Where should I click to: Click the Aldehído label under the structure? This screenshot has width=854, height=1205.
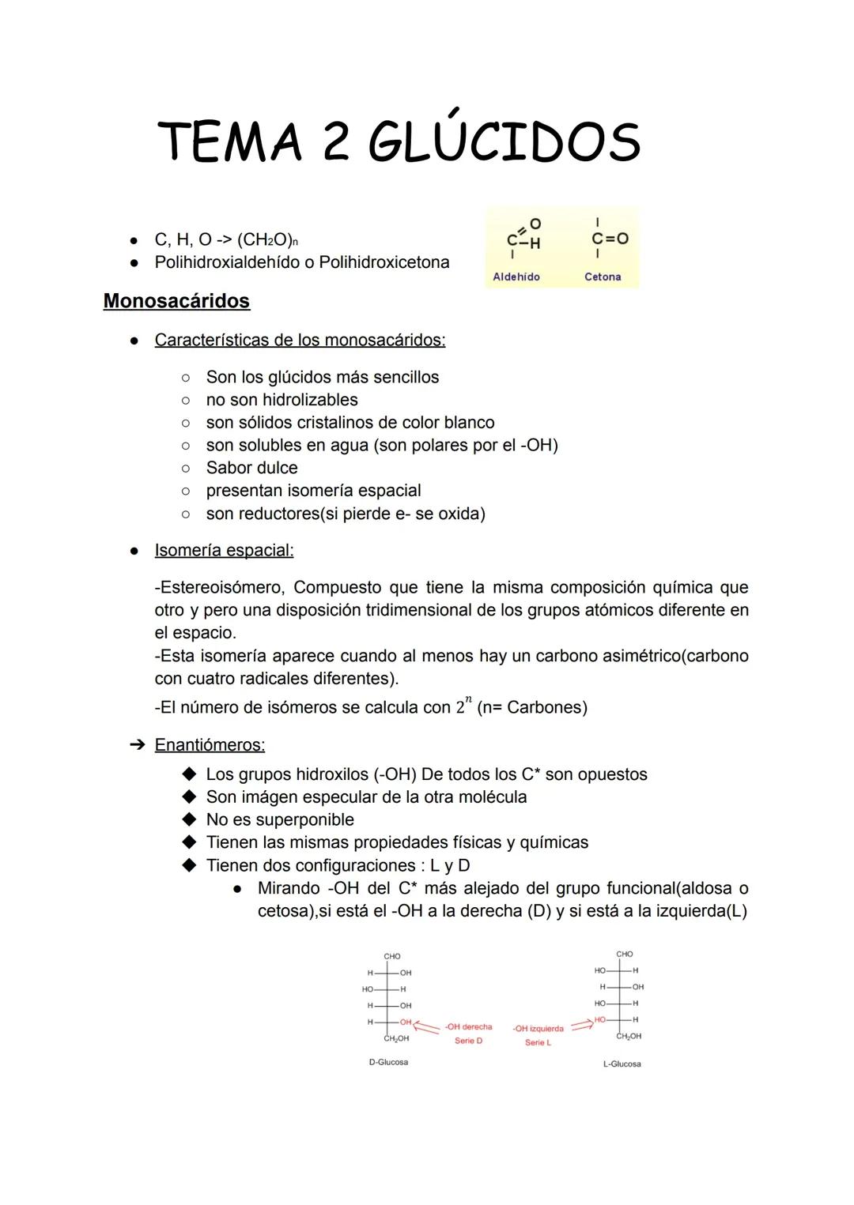point(516,277)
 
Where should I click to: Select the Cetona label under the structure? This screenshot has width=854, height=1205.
point(603,277)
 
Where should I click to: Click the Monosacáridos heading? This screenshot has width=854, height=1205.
point(176,301)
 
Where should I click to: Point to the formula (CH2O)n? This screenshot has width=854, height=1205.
point(267,239)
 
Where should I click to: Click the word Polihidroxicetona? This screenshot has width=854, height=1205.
point(384,262)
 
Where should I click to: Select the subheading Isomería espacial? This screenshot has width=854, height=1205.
point(224,550)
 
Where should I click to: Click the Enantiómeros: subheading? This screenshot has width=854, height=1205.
point(210,744)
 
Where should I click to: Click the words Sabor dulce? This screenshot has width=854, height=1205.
point(251,468)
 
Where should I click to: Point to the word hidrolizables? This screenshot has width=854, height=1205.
point(310,400)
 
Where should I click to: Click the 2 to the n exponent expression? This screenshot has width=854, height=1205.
point(463,705)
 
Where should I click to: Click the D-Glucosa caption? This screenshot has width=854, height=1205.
point(388,1062)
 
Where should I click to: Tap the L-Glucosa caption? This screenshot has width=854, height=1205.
point(622,1064)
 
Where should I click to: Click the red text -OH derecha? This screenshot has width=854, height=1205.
point(468,1026)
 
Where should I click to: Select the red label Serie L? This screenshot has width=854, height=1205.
point(538,1043)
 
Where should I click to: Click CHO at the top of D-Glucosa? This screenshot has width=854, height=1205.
point(391,956)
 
